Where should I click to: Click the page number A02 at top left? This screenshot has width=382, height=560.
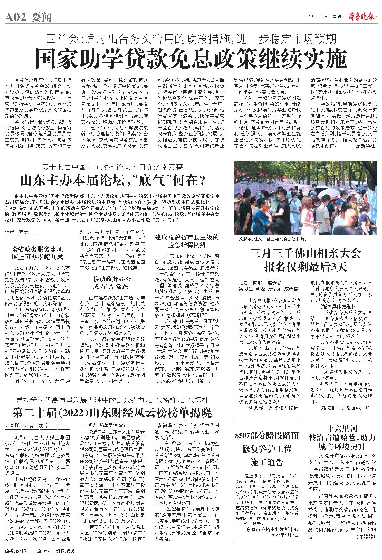pos(16,17)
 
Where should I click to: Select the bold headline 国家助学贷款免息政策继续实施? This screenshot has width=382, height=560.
pos(191,58)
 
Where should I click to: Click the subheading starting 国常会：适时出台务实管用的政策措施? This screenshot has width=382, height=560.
pos(191,39)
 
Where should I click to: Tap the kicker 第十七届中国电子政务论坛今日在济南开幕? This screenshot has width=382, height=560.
pos(113,168)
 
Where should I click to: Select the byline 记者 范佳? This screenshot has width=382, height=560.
pos(17,232)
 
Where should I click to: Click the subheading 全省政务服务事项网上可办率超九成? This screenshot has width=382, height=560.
pos(37,253)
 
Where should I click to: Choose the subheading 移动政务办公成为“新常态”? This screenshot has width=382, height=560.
pos(112,283)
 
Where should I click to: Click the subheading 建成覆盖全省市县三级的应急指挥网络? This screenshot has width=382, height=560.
pos(187,241)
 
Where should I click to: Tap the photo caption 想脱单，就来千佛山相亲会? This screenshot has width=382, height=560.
pos(272,239)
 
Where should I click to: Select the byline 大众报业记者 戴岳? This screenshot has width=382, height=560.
pos(26,426)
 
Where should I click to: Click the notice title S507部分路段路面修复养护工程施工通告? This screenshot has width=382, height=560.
pos(267,449)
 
